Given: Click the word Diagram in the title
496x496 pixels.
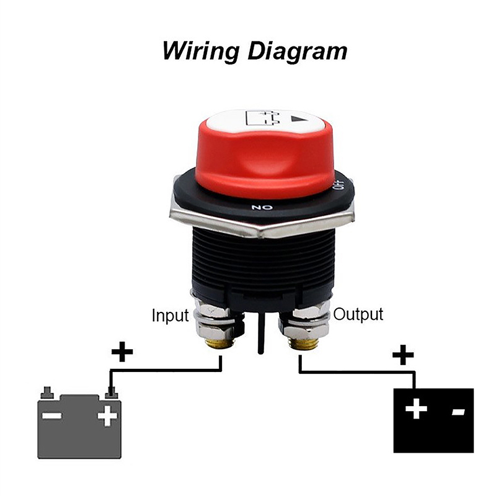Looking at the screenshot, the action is (298, 51).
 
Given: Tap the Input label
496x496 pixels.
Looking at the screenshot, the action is (170, 315).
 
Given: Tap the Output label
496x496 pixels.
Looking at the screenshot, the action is (358, 314).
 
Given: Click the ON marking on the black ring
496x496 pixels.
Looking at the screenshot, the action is (262, 208).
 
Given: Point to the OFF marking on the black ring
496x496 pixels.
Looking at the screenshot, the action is (339, 185).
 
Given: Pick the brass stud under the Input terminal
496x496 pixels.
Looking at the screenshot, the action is (218, 344).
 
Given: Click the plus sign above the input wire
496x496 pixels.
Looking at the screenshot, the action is (122, 352).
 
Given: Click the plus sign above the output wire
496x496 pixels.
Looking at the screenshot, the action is (403, 355).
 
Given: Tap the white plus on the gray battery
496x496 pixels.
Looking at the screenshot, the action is (107, 415).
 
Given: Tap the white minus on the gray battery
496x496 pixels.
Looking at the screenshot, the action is (52, 415).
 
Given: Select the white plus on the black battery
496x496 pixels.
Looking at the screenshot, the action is (416, 409).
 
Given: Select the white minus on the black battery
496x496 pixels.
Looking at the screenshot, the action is (458, 412).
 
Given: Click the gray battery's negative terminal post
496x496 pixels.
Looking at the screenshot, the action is (47, 392).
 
